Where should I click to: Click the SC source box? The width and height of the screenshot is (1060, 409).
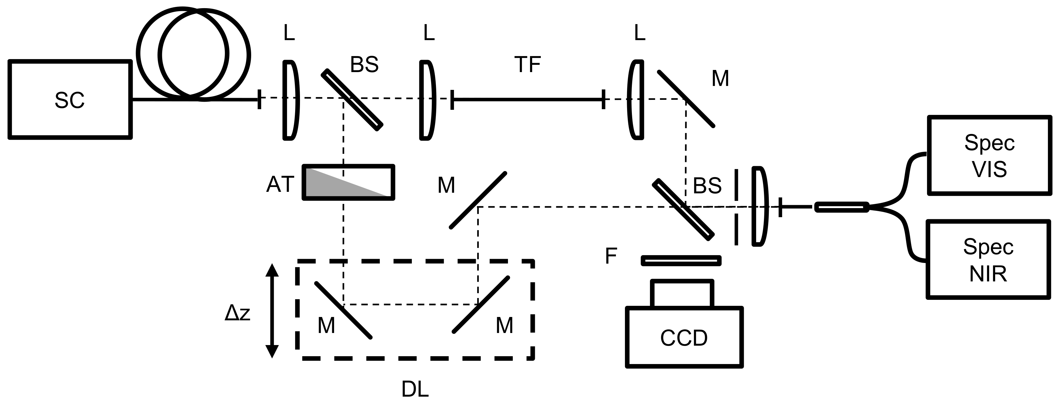[x=70, y=100]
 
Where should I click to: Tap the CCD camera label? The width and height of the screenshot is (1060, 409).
[x=684, y=338]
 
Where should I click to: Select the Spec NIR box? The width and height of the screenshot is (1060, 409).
[x=988, y=259]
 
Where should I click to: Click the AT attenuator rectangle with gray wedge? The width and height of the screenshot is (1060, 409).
[x=348, y=182]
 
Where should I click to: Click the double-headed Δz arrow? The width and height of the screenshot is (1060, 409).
[x=272, y=311]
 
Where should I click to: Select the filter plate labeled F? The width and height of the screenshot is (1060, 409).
[x=681, y=261]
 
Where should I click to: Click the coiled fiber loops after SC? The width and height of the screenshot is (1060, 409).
[x=194, y=54]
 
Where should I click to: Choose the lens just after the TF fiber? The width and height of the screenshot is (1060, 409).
[x=636, y=100]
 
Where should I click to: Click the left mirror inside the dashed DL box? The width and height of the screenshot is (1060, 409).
[x=343, y=310]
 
